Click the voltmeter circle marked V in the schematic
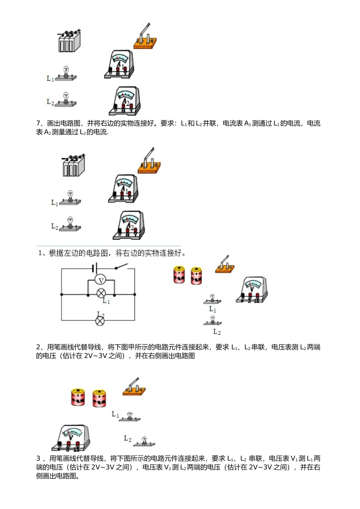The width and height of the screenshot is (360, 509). tap(101, 280)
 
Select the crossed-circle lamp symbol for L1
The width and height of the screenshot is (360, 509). tap(101, 293)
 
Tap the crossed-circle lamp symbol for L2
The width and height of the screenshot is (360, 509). tap(100, 321)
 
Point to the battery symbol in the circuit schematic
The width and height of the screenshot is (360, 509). tap(95, 268)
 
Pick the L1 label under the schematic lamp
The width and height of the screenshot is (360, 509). tap(106, 301)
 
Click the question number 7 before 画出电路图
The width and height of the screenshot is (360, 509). tap(38, 123)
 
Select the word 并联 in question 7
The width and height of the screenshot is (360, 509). tap(209, 123)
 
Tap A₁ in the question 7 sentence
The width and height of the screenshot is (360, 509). tap(247, 123)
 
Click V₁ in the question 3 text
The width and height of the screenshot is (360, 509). tap(294, 459)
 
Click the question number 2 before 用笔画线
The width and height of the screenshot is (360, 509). tap(38, 347)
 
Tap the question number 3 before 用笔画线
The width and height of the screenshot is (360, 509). tap(38, 459)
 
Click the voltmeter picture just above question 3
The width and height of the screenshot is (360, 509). tap(71, 438)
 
